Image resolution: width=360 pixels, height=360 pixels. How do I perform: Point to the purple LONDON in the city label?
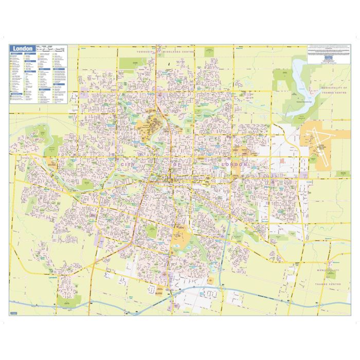[234, 165]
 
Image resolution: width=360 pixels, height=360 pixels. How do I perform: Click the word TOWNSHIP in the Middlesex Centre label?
[147, 52]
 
